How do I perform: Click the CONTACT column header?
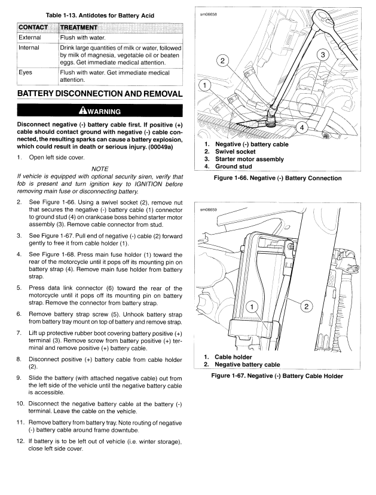coord(37,26)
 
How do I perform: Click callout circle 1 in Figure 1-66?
coord(205,85)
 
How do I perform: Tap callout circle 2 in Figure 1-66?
coord(222,61)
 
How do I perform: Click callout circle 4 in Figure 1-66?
coord(302,127)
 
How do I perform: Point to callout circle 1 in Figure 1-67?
coord(252,307)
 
